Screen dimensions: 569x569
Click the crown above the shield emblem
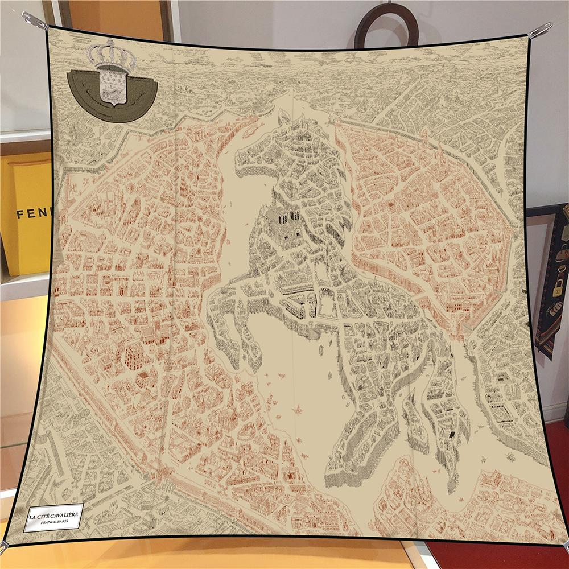click(111, 55)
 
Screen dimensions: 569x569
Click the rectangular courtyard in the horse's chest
click(326, 305)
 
